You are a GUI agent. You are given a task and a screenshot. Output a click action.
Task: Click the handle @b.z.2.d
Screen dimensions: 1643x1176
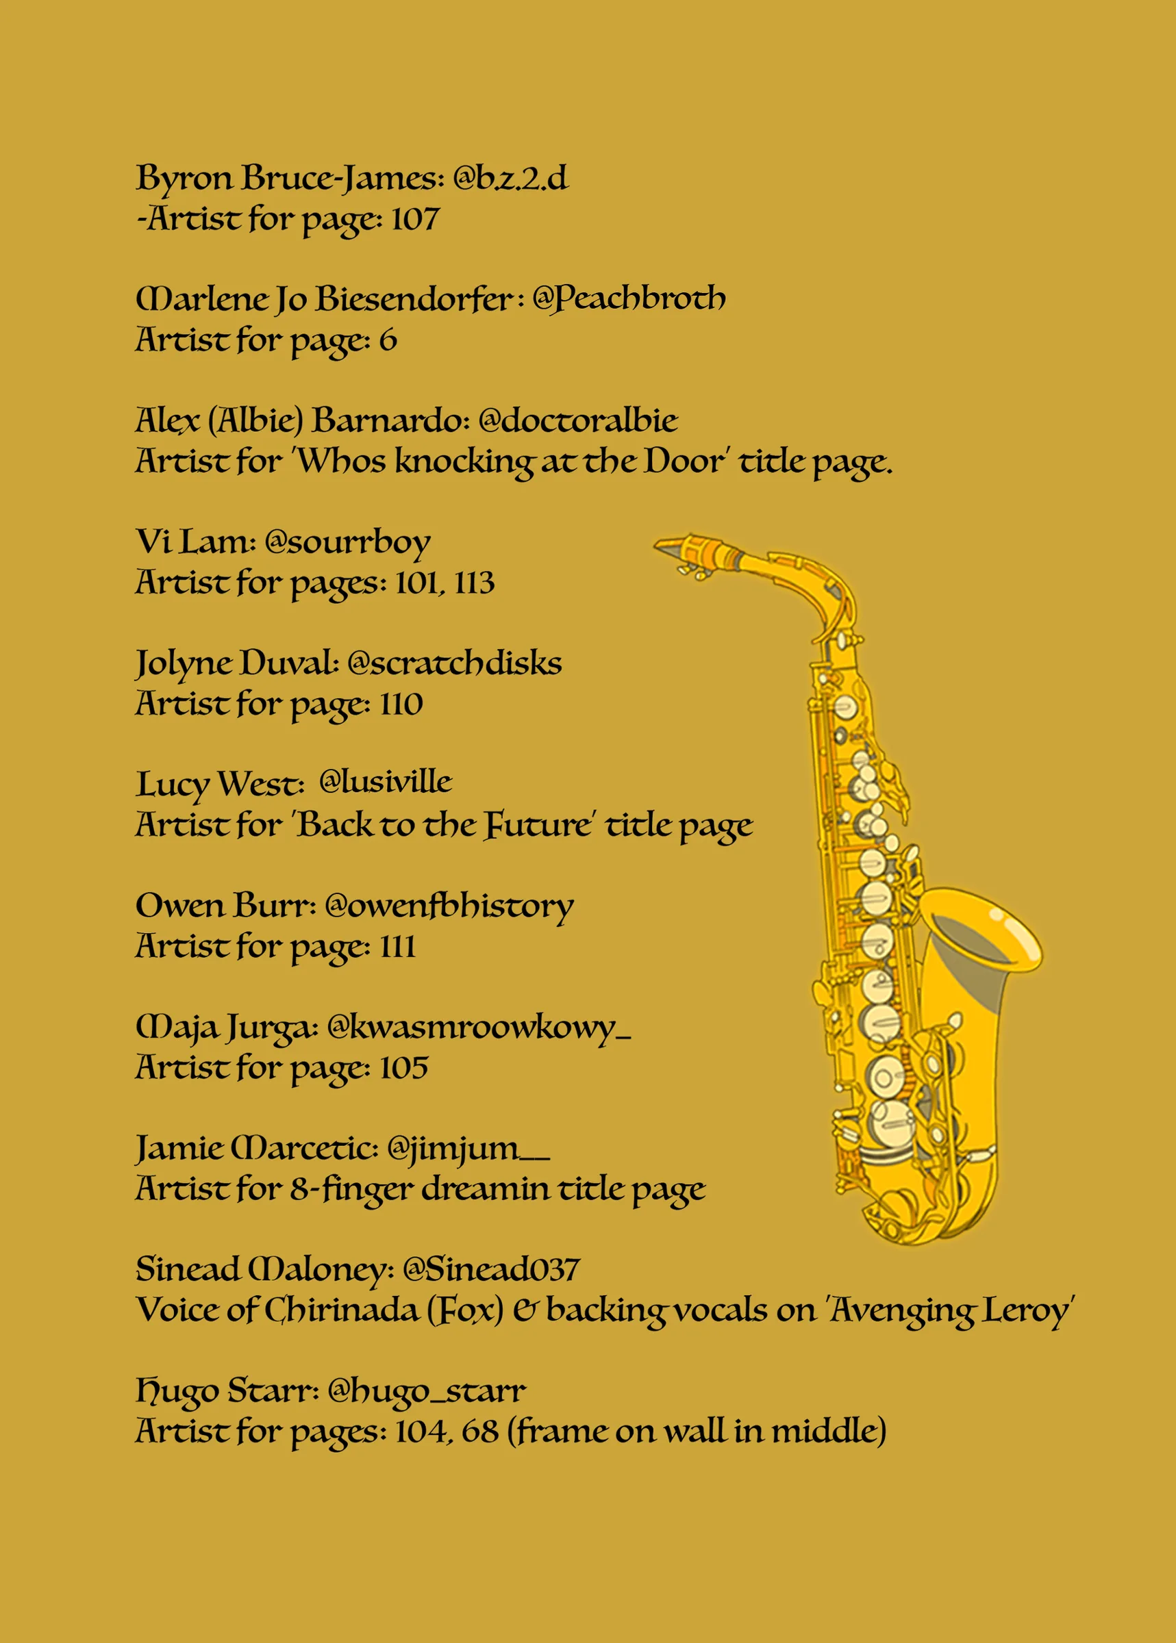[x=510, y=178]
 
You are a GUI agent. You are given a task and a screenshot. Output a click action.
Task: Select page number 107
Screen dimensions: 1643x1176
[x=415, y=218]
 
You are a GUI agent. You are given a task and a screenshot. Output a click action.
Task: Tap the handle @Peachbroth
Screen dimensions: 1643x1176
[x=629, y=299]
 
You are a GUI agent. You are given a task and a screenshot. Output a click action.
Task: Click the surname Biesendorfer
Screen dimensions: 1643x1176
[x=414, y=299]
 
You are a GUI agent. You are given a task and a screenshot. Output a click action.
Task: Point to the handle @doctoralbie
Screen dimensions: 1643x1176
[x=578, y=420]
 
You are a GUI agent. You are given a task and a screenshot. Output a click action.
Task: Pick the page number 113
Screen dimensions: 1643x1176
[x=475, y=583]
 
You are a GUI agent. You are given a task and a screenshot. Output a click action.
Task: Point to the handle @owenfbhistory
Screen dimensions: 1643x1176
[x=449, y=906]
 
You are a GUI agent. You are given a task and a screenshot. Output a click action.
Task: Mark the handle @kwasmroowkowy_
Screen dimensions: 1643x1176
[x=479, y=1027]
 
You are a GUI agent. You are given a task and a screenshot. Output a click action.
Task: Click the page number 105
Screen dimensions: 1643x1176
[x=404, y=1067]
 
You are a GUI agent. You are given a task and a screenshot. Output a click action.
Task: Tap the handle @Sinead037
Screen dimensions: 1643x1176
[x=491, y=1269]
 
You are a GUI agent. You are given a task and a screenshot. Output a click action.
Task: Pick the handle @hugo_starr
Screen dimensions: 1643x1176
[x=427, y=1390]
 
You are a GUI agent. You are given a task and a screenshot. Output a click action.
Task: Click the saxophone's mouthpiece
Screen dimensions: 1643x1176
[x=681, y=547]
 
